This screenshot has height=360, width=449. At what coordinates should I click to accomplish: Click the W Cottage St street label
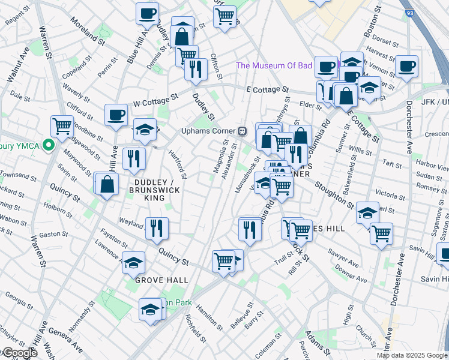point(156,98)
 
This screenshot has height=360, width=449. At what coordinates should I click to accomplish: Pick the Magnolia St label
point(220,157)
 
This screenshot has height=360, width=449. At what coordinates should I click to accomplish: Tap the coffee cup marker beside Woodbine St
point(116,115)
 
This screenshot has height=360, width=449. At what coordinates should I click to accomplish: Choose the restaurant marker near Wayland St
point(157,228)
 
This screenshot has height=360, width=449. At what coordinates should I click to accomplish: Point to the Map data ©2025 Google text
point(412,355)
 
